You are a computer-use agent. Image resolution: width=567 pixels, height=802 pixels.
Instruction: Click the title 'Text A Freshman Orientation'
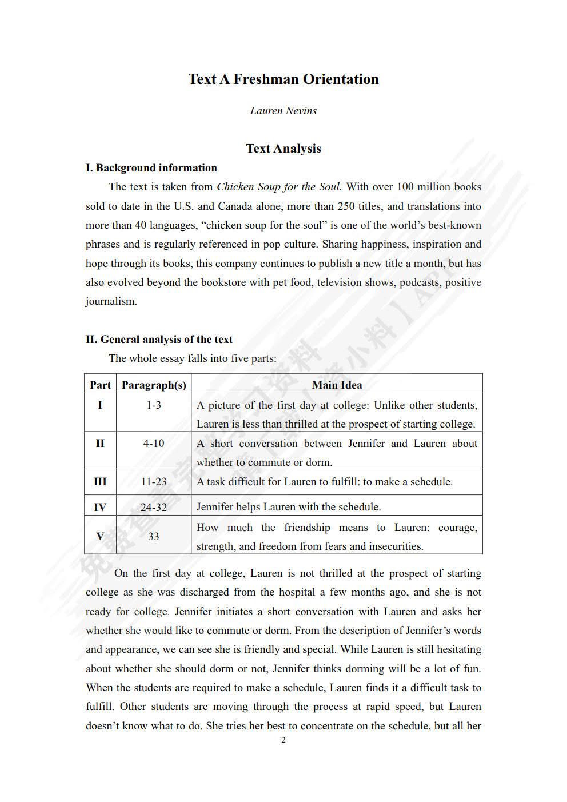(x=283, y=79)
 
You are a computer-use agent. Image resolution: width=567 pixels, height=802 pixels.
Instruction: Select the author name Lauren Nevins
(x=283, y=111)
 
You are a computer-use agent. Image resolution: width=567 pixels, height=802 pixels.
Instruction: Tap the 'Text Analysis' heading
(x=283, y=149)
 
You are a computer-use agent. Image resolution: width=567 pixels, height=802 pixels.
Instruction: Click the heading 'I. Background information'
(x=151, y=168)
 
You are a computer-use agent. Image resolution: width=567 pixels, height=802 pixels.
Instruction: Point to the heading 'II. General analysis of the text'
(x=159, y=340)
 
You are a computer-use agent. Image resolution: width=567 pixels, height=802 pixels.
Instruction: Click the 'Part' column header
(x=100, y=385)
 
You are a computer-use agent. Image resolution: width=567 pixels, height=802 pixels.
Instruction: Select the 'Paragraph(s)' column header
(x=154, y=385)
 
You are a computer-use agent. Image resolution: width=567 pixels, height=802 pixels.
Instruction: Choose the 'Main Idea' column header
(x=337, y=385)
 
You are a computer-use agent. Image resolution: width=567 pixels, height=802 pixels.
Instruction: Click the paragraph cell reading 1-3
(x=154, y=405)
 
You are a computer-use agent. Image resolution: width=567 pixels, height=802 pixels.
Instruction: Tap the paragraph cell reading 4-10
(x=154, y=444)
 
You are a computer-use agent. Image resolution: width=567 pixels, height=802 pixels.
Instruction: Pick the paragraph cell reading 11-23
(x=154, y=482)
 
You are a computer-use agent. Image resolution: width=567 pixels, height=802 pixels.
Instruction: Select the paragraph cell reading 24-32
(x=154, y=507)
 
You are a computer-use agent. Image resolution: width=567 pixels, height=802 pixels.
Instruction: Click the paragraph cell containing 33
(x=154, y=536)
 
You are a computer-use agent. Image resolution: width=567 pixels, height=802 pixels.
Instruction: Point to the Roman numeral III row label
(x=100, y=482)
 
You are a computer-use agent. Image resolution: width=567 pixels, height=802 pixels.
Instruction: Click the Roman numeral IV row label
(x=100, y=507)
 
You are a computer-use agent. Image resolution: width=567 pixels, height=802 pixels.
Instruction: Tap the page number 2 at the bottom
(x=283, y=740)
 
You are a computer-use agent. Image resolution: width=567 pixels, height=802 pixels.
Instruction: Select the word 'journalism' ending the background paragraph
(x=111, y=301)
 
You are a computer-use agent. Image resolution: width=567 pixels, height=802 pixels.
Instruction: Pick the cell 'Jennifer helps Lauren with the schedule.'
(x=289, y=507)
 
